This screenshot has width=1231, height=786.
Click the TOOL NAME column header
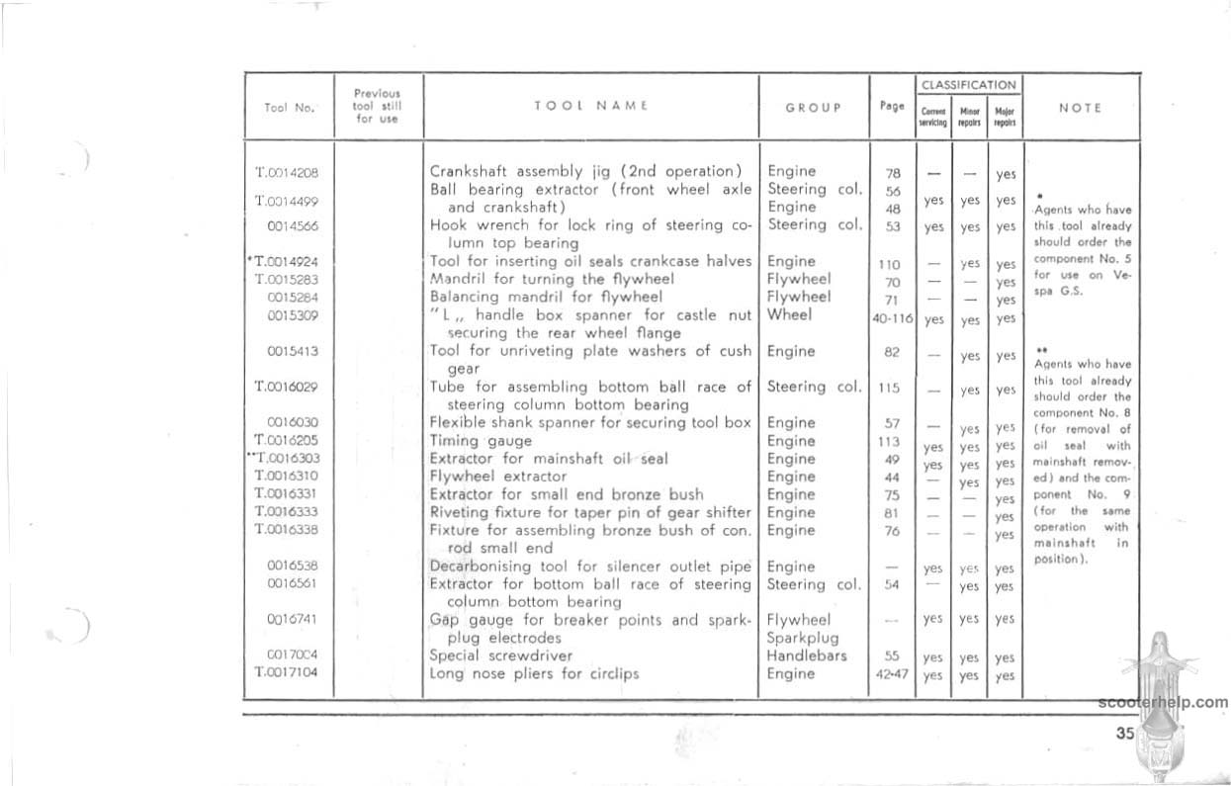tap(589, 106)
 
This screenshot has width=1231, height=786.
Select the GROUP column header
tap(813, 107)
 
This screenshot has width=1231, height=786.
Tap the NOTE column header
tap(1080, 107)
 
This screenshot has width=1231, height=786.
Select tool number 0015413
tap(292, 351)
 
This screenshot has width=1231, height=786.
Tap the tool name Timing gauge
tap(481, 441)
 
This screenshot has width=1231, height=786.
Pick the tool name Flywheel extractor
tap(495, 477)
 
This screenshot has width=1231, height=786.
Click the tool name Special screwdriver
tap(499, 655)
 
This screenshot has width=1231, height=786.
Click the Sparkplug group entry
tap(803, 638)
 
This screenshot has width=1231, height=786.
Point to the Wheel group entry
tap(789, 314)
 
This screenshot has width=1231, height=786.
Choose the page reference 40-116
tap(893, 318)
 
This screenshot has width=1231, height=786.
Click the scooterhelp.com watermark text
tap(1163, 702)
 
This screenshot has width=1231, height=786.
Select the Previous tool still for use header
tap(377, 106)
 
